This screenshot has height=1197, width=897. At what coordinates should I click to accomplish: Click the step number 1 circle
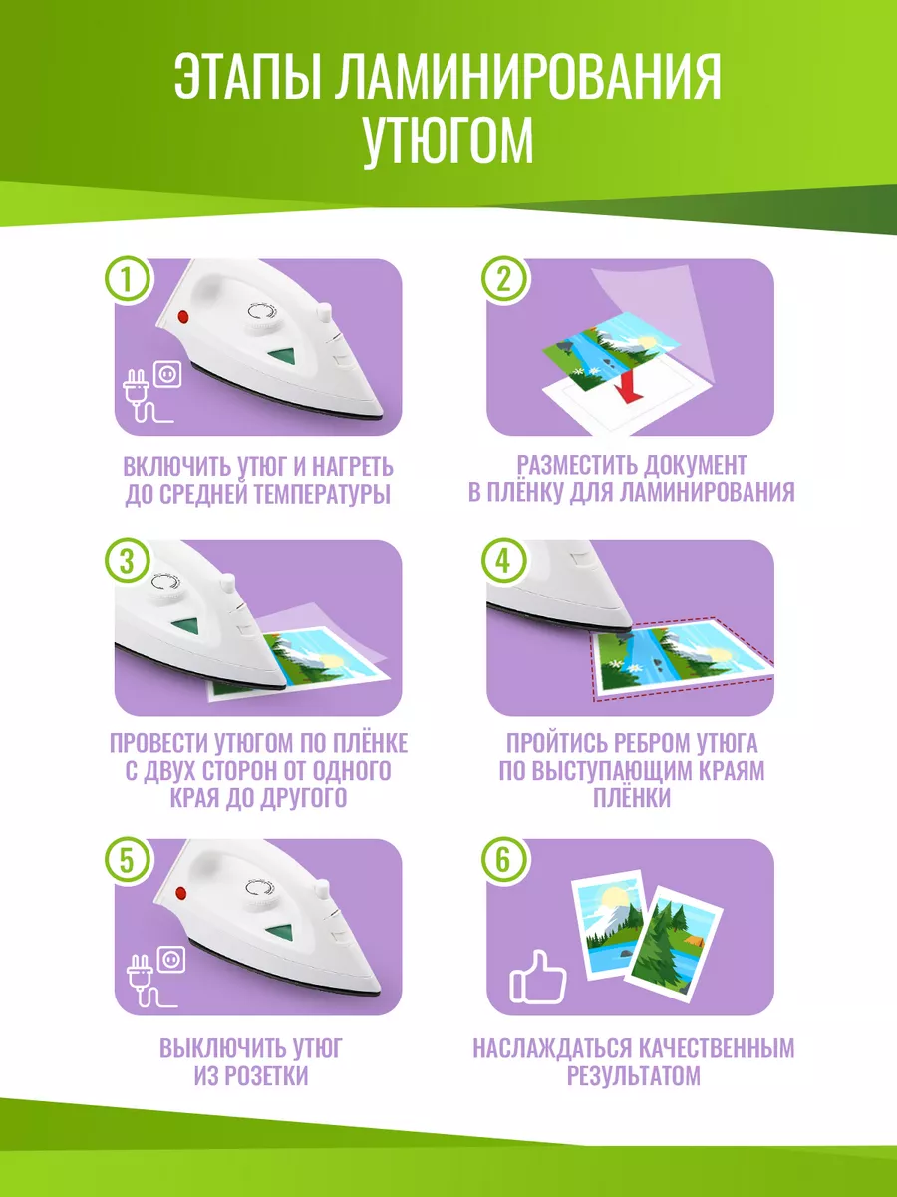(128, 279)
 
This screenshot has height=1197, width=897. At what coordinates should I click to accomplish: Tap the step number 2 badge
(504, 279)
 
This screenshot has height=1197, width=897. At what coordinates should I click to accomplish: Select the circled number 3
(128, 561)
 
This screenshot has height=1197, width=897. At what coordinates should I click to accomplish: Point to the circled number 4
(504, 561)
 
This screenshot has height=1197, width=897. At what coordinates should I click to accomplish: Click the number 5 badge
(128, 861)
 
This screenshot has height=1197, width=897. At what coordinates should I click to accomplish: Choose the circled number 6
(504, 861)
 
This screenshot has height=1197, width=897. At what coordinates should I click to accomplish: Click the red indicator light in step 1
(183, 317)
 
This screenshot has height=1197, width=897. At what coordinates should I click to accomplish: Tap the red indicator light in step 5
(180, 893)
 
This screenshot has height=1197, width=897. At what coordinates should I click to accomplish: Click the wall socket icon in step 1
(167, 374)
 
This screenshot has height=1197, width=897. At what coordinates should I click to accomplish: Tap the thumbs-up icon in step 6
(537, 978)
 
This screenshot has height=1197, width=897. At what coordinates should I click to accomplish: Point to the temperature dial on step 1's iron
(261, 316)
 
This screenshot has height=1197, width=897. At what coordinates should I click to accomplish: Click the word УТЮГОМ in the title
(448, 141)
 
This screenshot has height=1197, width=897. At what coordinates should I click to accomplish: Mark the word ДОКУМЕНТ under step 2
(695, 465)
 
